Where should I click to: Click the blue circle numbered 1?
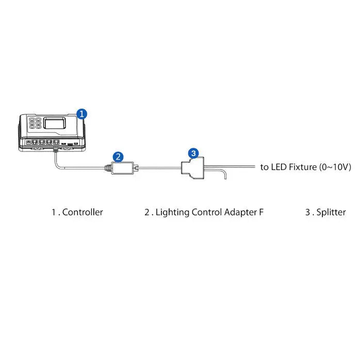81,114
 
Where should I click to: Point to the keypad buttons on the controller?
35,124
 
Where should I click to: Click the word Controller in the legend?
83,212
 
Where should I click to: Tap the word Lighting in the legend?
173,212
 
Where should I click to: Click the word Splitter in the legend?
331,212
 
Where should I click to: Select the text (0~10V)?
335,167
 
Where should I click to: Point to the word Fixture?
303,167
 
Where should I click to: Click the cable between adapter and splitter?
159,167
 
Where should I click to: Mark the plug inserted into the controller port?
56,149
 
